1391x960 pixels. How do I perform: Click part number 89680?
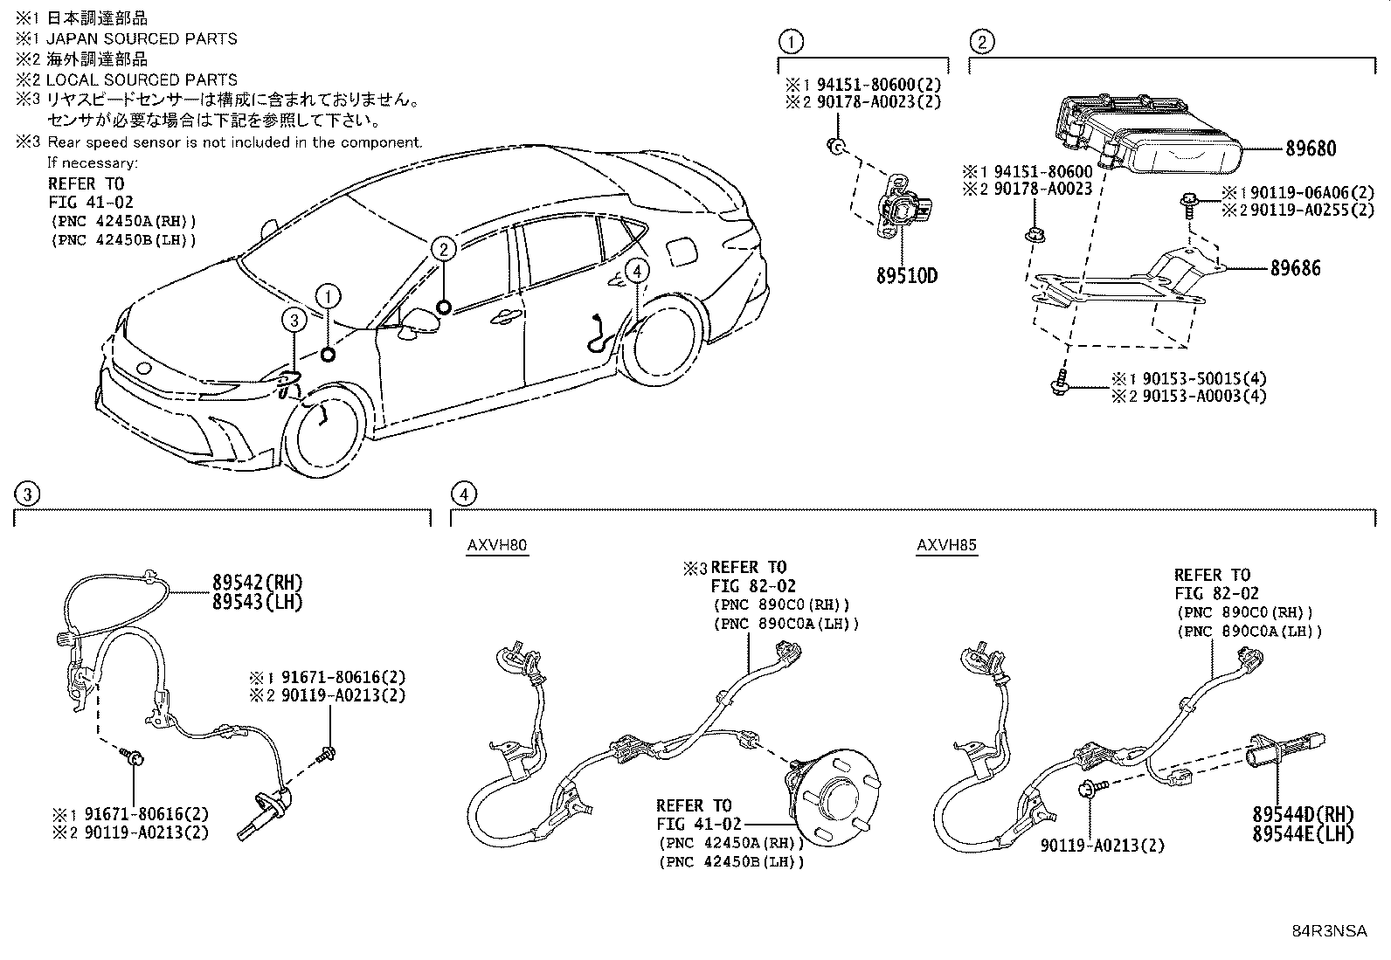[x=1310, y=148]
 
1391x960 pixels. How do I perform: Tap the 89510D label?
[x=906, y=276]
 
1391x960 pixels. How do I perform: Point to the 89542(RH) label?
[x=257, y=583]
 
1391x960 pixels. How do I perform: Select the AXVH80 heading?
[x=497, y=546]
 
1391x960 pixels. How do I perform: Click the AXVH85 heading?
[x=946, y=546]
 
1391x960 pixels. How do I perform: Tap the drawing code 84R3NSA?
[x=1329, y=931]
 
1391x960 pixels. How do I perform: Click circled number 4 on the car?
[x=637, y=272]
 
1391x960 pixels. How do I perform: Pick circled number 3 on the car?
[x=294, y=321]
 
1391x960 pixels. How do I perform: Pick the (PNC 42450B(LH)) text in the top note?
[x=122, y=239]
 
